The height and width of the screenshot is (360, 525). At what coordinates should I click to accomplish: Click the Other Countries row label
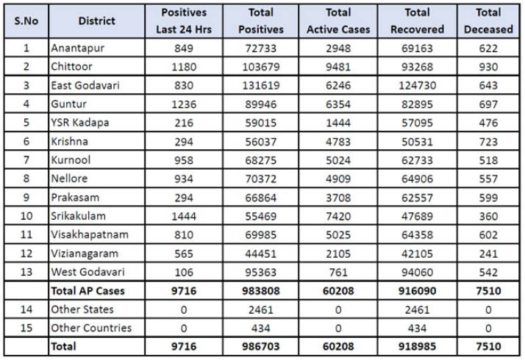tap(91, 328)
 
